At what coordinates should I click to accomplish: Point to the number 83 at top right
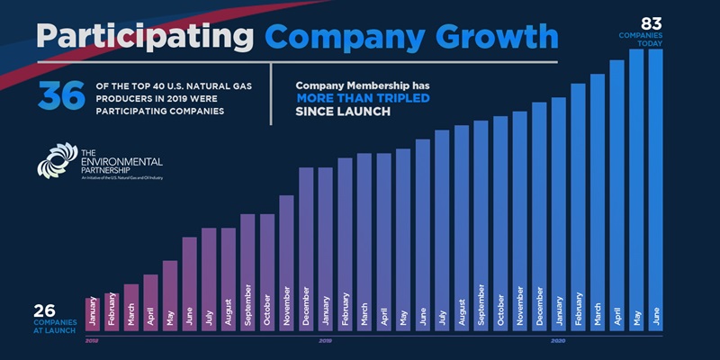(x=651, y=22)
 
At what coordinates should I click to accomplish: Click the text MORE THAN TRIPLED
(x=363, y=98)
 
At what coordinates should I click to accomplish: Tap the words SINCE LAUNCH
(x=343, y=112)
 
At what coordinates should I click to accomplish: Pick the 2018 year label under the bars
(x=92, y=340)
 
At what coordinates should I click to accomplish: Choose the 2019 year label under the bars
(x=326, y=340)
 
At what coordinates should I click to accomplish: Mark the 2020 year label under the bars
(x=559, y=340)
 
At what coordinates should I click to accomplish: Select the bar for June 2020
(x=655, y=189)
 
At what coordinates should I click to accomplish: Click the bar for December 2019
(x=539, y=216)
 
